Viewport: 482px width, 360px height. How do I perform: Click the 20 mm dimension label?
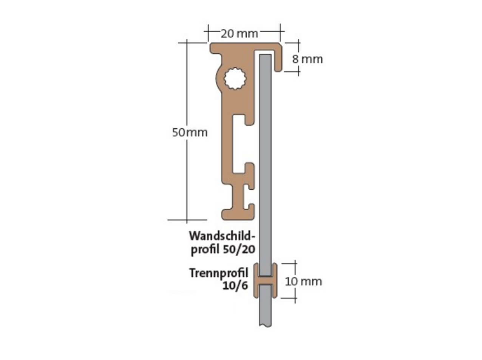click(239, 34)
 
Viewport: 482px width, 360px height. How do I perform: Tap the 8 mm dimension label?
click(307, 59)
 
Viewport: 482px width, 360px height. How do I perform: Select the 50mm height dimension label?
click(190, 132)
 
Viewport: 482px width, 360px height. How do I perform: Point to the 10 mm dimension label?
click(303, 282)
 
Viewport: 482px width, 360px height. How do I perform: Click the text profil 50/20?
click(223, 249)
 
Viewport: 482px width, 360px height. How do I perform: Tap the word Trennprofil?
click(219, 272)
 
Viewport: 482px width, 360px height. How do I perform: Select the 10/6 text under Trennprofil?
click(235, 286)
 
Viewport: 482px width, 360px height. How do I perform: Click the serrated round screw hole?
click(235, 80)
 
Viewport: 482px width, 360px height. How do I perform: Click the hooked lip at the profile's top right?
click(279, 60)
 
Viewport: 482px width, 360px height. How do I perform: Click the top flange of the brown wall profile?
click(242, 48)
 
